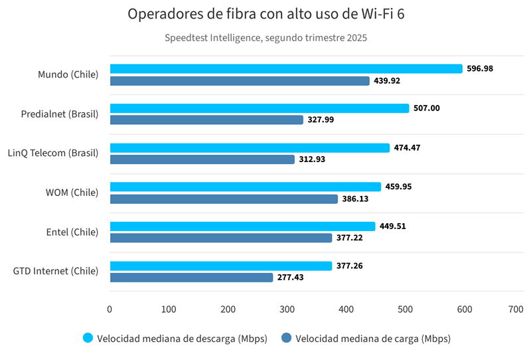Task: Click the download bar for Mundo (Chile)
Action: click(x=285, y=68)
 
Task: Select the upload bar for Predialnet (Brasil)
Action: click(x=206, y=120)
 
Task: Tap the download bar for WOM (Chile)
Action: click(x=245, y=187)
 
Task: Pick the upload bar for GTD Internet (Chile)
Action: click(x=191, y=278)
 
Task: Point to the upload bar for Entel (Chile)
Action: click(x=220, y=238)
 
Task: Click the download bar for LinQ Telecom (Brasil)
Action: click(x=250, y=147)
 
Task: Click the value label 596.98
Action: click(x=480, y=68)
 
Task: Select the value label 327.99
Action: click(x=321, y=120)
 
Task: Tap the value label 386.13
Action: click(x=356, y=199)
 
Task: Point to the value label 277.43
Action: click(x=290, y=278)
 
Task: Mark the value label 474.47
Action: click(x=408, y=147)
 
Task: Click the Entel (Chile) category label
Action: click(x=72, y=232)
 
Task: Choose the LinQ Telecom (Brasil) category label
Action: click(x=53, y=153)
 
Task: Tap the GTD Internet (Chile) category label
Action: click(x=56, y=271)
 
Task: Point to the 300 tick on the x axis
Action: click(x=287, y=309)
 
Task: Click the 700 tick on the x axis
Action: click(x=516, y=309)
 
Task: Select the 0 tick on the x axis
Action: click(x=110, y=309)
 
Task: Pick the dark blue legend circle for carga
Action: click(x=287, y=338)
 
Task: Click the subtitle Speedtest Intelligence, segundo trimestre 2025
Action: click(x=265, y=38)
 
